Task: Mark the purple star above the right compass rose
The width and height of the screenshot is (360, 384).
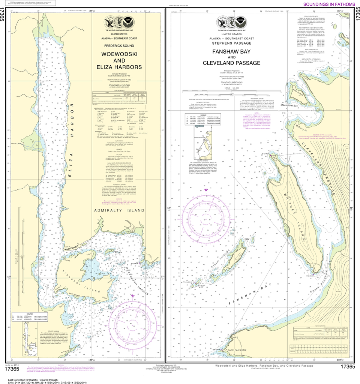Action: point(206,190)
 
